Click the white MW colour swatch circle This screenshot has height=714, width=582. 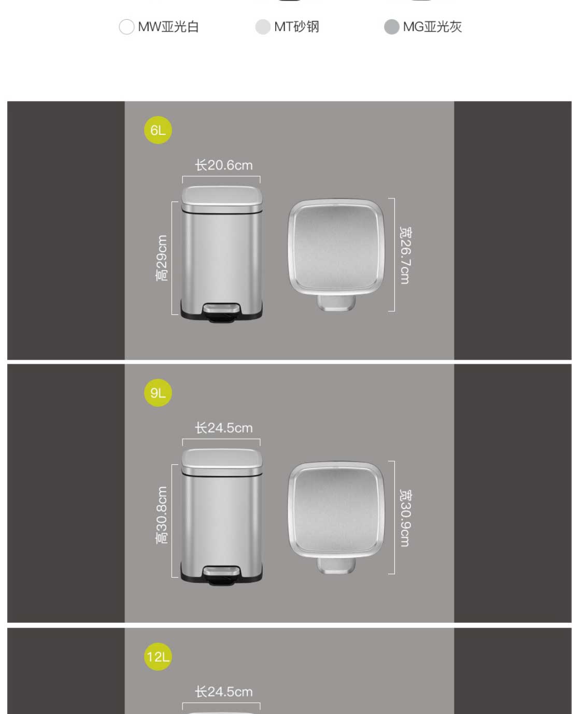(127, 27)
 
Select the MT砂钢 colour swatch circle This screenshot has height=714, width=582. (263, 27)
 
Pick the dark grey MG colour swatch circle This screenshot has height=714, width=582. (392, 27)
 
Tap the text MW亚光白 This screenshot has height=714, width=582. (168, 27)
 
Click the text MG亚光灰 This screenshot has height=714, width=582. (432, 27)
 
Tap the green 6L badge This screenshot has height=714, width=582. (158, 130)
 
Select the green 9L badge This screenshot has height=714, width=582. (158, 393)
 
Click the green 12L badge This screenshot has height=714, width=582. (158, 656)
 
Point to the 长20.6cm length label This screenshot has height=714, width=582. (223, 165)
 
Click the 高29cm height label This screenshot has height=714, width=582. (162, 258)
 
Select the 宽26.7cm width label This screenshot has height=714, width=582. (406, 255)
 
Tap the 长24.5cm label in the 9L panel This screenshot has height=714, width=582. (223, 428)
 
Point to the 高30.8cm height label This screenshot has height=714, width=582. (162, 515)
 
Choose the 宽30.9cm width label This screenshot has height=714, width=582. (406, 518)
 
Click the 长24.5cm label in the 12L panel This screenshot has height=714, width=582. (223, 692)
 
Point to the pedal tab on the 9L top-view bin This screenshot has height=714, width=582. (336, 566)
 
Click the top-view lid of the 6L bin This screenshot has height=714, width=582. (336, 248)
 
